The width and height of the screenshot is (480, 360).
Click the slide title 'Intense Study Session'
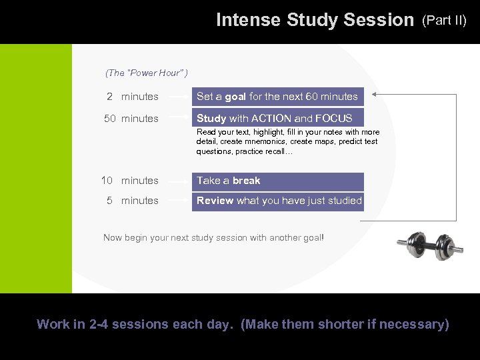[x=315, y=21]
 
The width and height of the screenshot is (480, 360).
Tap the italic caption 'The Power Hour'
[x=147, y=72]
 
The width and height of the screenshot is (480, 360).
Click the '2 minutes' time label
[x=133, y=97]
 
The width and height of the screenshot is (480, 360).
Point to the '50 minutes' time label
[x=131, y=119]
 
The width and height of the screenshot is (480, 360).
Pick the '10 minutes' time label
[x=130, y=181]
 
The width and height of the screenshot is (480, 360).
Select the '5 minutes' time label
[x=133, y=201]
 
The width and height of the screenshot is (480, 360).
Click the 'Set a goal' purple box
[x=277, y=97]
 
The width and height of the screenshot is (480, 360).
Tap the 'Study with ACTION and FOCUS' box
[x=277, y=119]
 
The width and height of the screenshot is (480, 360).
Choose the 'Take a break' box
[x=277, y=181]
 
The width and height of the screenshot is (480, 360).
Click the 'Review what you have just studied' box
[x=277, y=201]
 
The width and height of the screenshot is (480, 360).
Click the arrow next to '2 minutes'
[x=177, y=97]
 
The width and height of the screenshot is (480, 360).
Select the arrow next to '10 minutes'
[x=177, y=181]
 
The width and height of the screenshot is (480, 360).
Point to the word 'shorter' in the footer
[x=346, y=325]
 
